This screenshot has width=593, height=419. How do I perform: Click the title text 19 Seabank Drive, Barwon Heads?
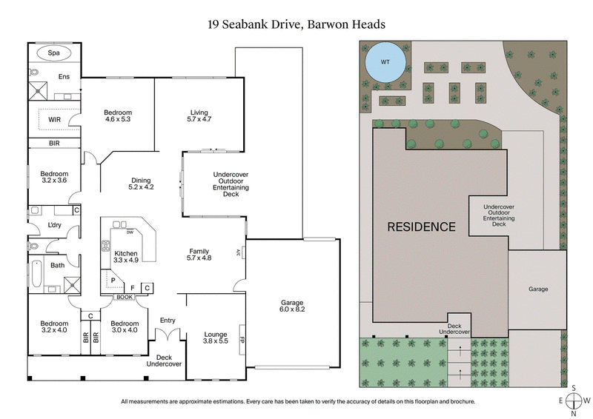coord(296,24)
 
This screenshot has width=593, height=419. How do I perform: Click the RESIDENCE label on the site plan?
coord(422,227)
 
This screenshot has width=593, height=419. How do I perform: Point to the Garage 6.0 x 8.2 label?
coord(292,306)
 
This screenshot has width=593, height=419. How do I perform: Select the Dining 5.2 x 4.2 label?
coord(141,184)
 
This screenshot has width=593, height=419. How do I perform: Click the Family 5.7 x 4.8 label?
coord(199,255)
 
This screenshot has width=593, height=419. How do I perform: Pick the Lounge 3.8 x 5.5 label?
coord(215,338)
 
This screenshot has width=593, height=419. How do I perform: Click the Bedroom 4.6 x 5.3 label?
coord(118,115)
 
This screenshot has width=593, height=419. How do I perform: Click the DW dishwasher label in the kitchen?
coord(129,233)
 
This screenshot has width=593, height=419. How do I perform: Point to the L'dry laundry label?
coord(53,224)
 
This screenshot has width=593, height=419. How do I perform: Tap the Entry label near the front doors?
coord(168,320)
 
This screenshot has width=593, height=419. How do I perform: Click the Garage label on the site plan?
coord(538,289)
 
